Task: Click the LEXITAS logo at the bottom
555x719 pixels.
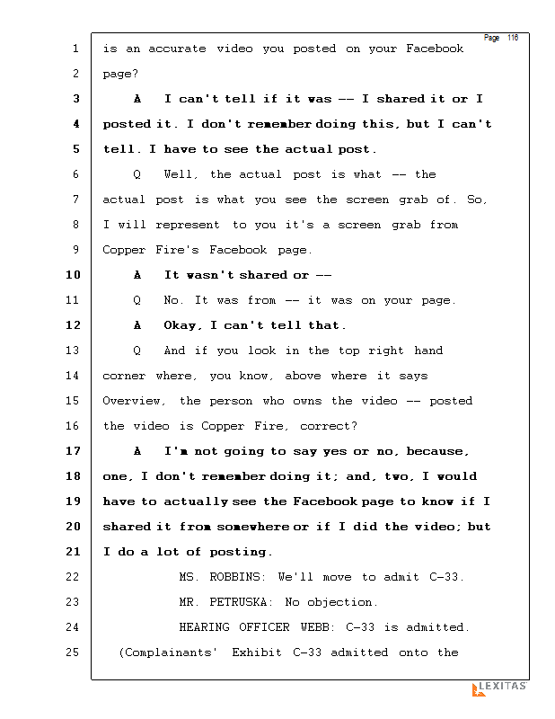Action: click(x=499, y=688)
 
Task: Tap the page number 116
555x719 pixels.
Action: click(x=513, y=38)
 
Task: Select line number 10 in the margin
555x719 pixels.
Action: click(x=73, y=275)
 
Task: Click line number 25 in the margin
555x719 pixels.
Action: click(x=73, y=652)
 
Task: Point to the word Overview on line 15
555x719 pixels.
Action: click(x=131, y=401)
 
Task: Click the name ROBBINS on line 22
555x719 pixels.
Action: click(x=236, y=577)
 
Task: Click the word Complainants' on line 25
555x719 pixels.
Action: click(x=168, y=652)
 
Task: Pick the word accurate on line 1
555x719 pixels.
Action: click(x=177, y=49)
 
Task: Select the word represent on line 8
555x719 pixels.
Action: click(x=188, y=226)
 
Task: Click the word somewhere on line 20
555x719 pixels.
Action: click(x=253, y=527)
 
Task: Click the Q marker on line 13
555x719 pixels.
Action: click(x=137, y=351)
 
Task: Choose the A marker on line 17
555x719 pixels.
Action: click(x=137, y=451)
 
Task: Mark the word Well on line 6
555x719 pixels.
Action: click(x=179, y=174)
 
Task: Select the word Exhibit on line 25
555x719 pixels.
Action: click(x=257, y=652)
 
